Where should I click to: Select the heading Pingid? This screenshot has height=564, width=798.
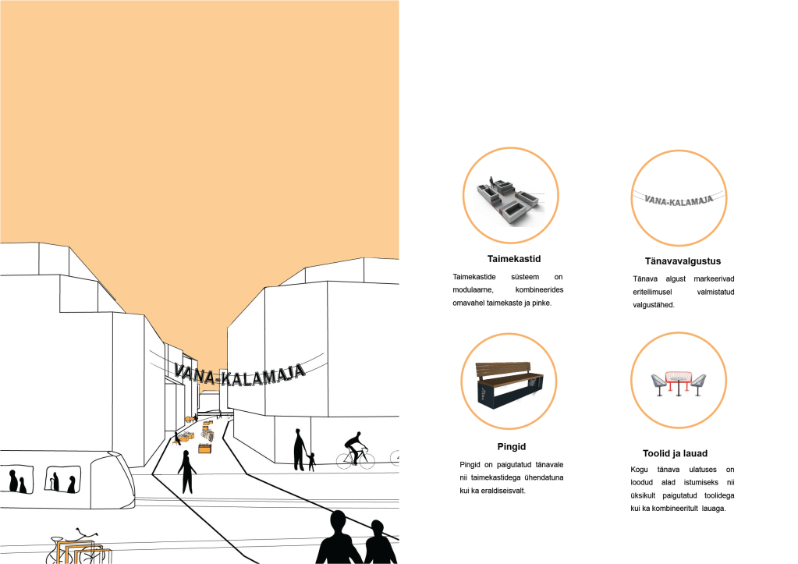(512, 447)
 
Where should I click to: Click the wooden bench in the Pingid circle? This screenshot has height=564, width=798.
(512, 382)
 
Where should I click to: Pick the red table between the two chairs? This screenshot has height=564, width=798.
(678, 380)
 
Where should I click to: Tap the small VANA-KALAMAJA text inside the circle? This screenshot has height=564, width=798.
(679, 200)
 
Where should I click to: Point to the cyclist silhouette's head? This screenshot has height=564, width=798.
(358, 435)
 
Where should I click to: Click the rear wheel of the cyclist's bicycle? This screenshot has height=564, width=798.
(346, 459)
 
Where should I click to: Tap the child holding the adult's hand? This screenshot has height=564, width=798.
(312, 462)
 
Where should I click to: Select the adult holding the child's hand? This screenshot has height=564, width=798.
(299, 450)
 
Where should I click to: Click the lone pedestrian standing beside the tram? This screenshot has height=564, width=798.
(186, 470)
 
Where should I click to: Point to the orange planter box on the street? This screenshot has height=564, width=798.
(205, 448)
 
